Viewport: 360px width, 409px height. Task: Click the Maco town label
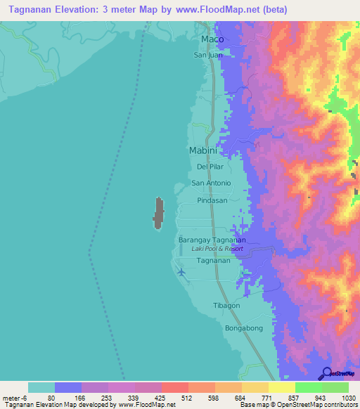pyautogui.click(x=212, y=39)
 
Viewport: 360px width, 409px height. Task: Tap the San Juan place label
pyautogui.click(x=208, y=54)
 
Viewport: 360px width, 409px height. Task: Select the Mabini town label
pyautogui.click(x=206, y=150)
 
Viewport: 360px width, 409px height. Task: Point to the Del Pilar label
pyautogui.click(x=210, y=167)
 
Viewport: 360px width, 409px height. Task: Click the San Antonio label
pyautogui.click(x=212, y=183)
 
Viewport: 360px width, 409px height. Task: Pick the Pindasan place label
pyautogui.click(x=212, y=200)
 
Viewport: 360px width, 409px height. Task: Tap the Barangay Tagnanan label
pyautogui.click(x=212, y=240)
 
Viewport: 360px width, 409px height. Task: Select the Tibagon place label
pyautogui.click(x=226, y=306)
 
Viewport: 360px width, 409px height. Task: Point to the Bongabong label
pyautogui.click(x=243, y=328)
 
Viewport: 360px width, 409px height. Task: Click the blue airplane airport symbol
pyautogui.click(x=183, y=272)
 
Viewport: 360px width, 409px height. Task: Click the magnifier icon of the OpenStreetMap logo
pyautogui.click(x=326, y=372)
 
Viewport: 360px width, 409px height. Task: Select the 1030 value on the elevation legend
pyautogui.click(x=340, y=396)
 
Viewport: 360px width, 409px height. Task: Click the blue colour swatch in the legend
pyautogui.click(x=68, y=387)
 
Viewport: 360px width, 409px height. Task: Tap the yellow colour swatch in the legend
pyautogui.click(x=281, y=387)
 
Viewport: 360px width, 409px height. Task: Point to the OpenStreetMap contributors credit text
pyautogui.click(x=317, y=405)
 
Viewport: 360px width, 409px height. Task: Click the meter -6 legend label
pyautogui.click(x=14, y=396)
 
